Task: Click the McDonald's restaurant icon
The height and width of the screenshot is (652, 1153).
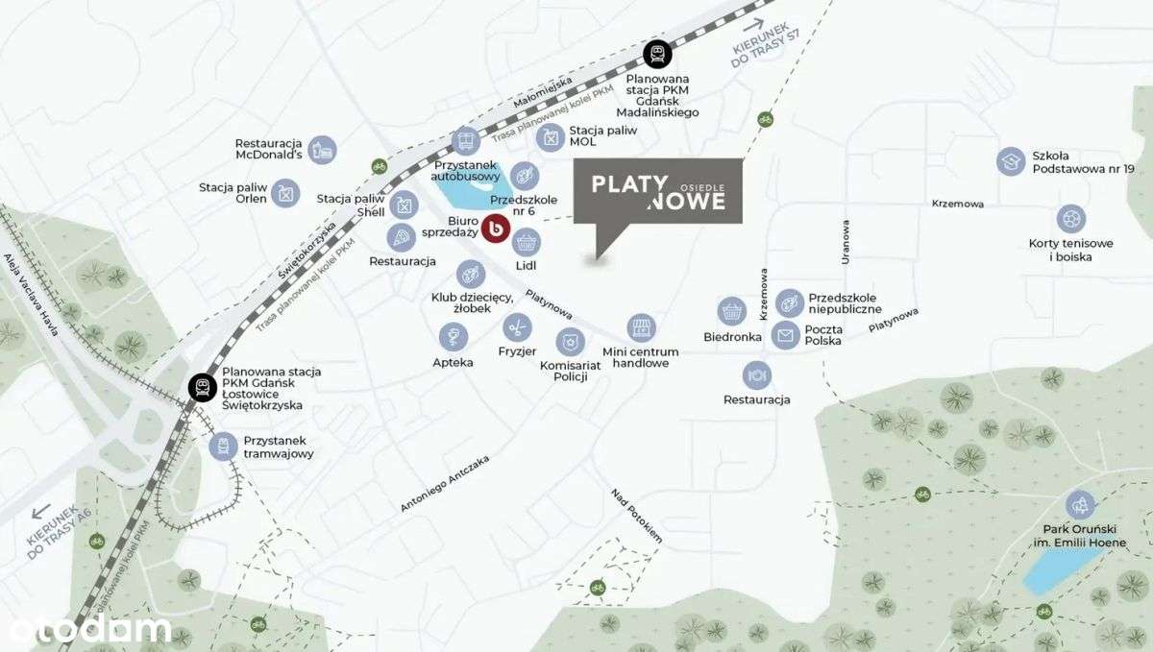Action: point(323,149)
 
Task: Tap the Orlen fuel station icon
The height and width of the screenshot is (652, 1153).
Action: point(285,194)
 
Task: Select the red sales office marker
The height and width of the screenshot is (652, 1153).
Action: point(496,229)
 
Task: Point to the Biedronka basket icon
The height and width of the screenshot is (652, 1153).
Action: point(732,311)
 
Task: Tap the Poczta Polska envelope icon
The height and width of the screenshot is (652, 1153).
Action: point(786,335)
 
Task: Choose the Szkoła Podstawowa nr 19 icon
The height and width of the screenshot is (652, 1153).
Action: point(1011,161)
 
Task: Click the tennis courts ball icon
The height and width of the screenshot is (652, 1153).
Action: point(1070,218)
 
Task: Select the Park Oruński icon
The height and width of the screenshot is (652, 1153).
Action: point(1081,504)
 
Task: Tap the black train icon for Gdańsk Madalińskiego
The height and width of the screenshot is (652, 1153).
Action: point(657,54)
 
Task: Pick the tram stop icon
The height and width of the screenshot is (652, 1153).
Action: point(224,447)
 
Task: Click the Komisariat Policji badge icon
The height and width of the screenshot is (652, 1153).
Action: point(570,342)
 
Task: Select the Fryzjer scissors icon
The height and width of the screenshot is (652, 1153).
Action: point(517,328)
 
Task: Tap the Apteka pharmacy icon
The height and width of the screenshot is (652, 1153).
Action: point(453,336)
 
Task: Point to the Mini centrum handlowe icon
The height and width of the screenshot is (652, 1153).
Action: point(641,327)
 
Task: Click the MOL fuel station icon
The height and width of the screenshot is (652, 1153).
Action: point(550,138)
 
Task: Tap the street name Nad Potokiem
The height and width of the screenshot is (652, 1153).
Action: point(637,516)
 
